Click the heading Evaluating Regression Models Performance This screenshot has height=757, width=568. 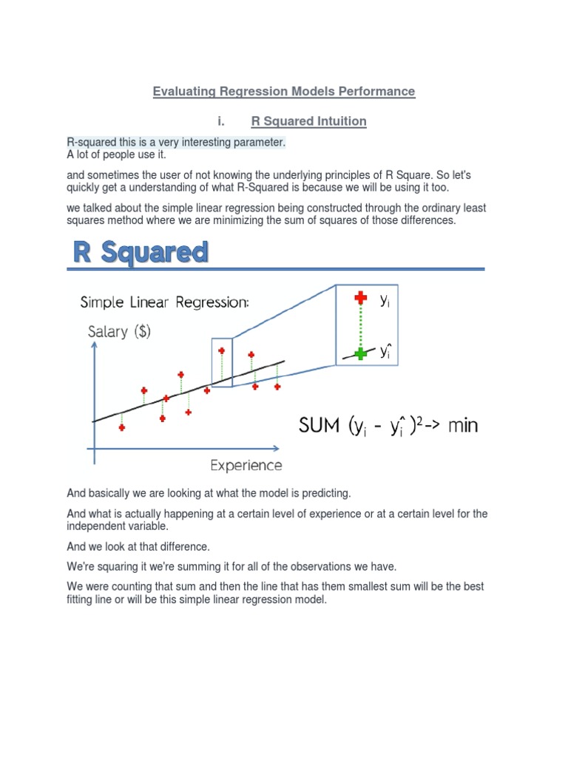click(284, 92)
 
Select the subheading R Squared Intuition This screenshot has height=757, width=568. click(308, 120)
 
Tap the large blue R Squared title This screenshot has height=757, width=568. click(141, 252)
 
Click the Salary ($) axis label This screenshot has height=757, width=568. click(119, 331)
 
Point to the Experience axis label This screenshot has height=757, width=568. click(246, 466)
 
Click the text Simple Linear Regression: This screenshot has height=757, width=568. click(164, 303)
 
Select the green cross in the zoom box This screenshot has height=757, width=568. click(360, 353)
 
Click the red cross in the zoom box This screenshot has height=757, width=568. click(360, 298)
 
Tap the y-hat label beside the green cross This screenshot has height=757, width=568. click(385, 352)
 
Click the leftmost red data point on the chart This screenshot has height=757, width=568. click(122, 427)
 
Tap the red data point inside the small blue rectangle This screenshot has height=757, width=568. click(221, 351)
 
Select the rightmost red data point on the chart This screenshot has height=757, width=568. click(277, 387)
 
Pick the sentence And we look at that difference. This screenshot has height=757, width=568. click(138, 547)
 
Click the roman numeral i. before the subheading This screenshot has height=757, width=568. click(220, 120)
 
